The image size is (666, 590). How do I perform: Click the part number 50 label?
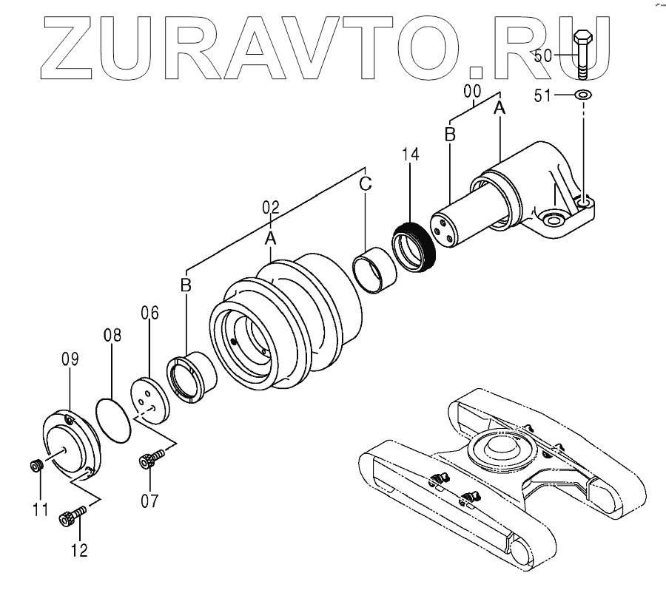[x=542, y=55]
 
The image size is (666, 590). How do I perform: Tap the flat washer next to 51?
[x=583, y=95]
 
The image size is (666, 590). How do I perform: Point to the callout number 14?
[x=411, y=155]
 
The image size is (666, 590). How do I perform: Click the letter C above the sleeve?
[x=366, y=184]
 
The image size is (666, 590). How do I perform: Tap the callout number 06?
[x=149, y=313]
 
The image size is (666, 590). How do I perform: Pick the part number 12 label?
[x=79, y=549]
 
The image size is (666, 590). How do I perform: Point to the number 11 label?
[x=39, y=509]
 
